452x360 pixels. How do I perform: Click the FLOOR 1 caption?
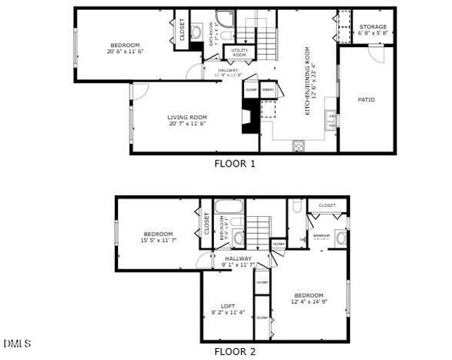pos(235,163)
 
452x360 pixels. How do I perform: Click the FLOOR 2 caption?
pos(235,350)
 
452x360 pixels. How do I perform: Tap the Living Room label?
pos(187,118)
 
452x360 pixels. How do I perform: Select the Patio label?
pos(366,100)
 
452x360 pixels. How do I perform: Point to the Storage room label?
pos(372,27)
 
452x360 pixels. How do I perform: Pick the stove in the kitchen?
pos(298,145)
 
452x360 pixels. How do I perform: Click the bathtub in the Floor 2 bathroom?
pos(226,206)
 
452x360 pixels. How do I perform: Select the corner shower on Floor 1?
pos(224,19)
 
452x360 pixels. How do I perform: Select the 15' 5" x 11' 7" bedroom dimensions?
pos(158,240)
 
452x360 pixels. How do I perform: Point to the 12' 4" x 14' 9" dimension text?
pos(309,301)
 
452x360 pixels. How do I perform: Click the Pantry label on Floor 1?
pos(267,90)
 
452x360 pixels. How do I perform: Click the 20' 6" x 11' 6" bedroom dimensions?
pos(125,52)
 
